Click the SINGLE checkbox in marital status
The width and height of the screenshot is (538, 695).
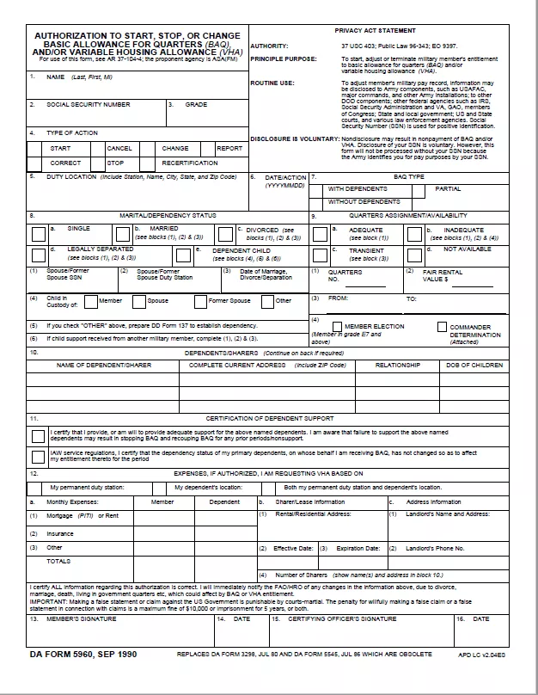[x=38, y=233]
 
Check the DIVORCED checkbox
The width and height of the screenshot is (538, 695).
[x=228, y=233]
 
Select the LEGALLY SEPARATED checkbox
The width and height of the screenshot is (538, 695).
[x=38, y=255]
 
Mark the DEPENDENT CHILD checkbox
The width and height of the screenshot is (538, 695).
[x=183, y=255]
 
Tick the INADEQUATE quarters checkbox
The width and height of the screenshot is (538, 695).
[x=415, y=233]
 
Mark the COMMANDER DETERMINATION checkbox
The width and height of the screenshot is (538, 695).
[x=442, y=327]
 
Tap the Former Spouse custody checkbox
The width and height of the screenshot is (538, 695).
[x=200, y=301]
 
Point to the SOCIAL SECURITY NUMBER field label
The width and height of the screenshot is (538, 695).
[x=89, y=104]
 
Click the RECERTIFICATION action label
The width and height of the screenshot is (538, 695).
[x=190, y=163]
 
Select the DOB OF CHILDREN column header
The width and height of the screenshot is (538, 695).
[x=474, y=365]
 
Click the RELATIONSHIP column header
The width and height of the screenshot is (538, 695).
[x=398, y=365]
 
